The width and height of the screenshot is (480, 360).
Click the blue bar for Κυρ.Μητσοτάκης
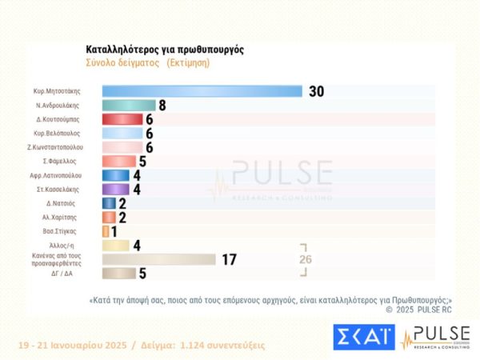pos(202,90)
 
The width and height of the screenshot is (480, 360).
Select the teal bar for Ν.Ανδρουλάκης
pos(129,105)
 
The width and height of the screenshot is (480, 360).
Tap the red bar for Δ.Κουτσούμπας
pos(122,119)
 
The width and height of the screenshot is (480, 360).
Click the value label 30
pos(316,90)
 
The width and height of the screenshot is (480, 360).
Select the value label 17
pos(229,259)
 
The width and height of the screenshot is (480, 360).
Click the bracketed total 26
pos(305,259)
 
